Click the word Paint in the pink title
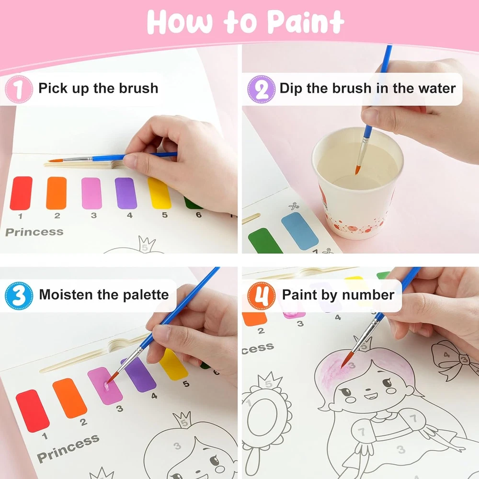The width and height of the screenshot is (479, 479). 306,22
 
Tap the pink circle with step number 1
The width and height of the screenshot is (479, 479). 19,89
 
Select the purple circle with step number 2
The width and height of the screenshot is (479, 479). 262,89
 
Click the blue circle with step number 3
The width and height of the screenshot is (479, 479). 19,296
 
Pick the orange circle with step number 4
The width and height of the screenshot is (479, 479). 262,296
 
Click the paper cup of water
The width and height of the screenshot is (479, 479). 357,183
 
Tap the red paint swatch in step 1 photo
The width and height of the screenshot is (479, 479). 21,193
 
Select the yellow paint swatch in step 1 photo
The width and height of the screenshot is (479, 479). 159,193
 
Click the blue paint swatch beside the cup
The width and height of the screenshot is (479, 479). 300,231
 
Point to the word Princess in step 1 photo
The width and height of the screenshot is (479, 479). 34,232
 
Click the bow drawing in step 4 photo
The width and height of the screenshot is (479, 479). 454,357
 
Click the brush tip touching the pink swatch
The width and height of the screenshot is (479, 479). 111,378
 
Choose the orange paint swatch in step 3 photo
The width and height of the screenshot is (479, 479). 70,398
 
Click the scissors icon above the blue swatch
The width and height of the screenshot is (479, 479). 294,206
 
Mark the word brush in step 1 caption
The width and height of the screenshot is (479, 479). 138,88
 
